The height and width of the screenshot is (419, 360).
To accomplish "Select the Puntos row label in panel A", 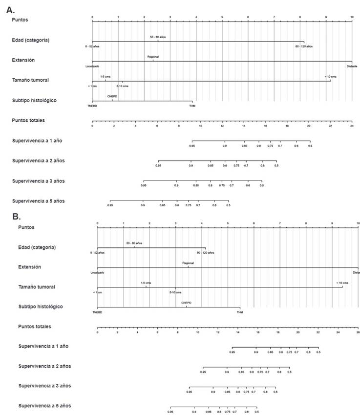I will [x=20, y=20].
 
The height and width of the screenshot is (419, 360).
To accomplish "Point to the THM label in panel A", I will [x=192, y=106].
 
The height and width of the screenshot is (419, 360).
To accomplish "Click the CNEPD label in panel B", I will [x=186, y=303].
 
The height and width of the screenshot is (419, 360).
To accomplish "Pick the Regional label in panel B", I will [x=188, y=263].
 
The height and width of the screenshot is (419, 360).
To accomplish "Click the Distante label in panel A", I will [x=352, y=66].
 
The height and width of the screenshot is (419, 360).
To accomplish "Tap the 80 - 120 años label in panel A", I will [x=304, y=46].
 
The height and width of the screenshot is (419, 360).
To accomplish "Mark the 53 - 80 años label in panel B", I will [x=134, y=243].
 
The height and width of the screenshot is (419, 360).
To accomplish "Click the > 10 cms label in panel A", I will [x=331, y=76].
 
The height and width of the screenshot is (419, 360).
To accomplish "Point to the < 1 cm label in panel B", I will [x=97, y=292].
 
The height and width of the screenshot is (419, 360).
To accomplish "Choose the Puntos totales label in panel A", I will [x=31, y=120].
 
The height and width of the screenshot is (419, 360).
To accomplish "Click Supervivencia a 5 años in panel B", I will [x=44, y=406].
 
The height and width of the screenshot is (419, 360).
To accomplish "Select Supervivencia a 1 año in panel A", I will [x=38, y=141].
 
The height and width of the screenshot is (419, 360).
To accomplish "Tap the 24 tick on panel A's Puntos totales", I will [x=352, y=126].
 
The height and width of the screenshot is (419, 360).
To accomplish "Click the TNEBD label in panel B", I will [x=97, y=312].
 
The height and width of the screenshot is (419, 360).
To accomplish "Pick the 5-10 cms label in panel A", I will [x=123, y=86].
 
